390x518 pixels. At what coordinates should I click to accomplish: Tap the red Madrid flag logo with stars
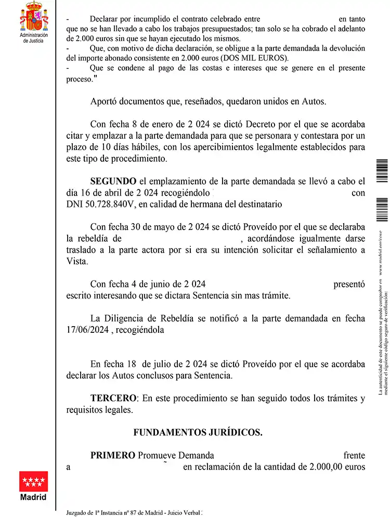coord(33,481)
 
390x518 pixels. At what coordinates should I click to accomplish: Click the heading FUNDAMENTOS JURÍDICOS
coord(198,432)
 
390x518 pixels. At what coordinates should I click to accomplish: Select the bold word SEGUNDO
coord(113,181)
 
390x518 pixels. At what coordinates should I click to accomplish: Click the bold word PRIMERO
coord(113,455)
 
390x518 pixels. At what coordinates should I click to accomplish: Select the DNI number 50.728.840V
coord(100,204)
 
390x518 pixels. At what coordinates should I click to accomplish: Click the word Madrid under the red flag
coord(33,497)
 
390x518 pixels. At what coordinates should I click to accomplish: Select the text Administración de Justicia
coord(33,37)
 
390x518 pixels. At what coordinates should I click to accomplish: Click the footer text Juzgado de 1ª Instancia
coord(107,512)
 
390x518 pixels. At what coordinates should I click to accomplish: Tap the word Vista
coord(77,262)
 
